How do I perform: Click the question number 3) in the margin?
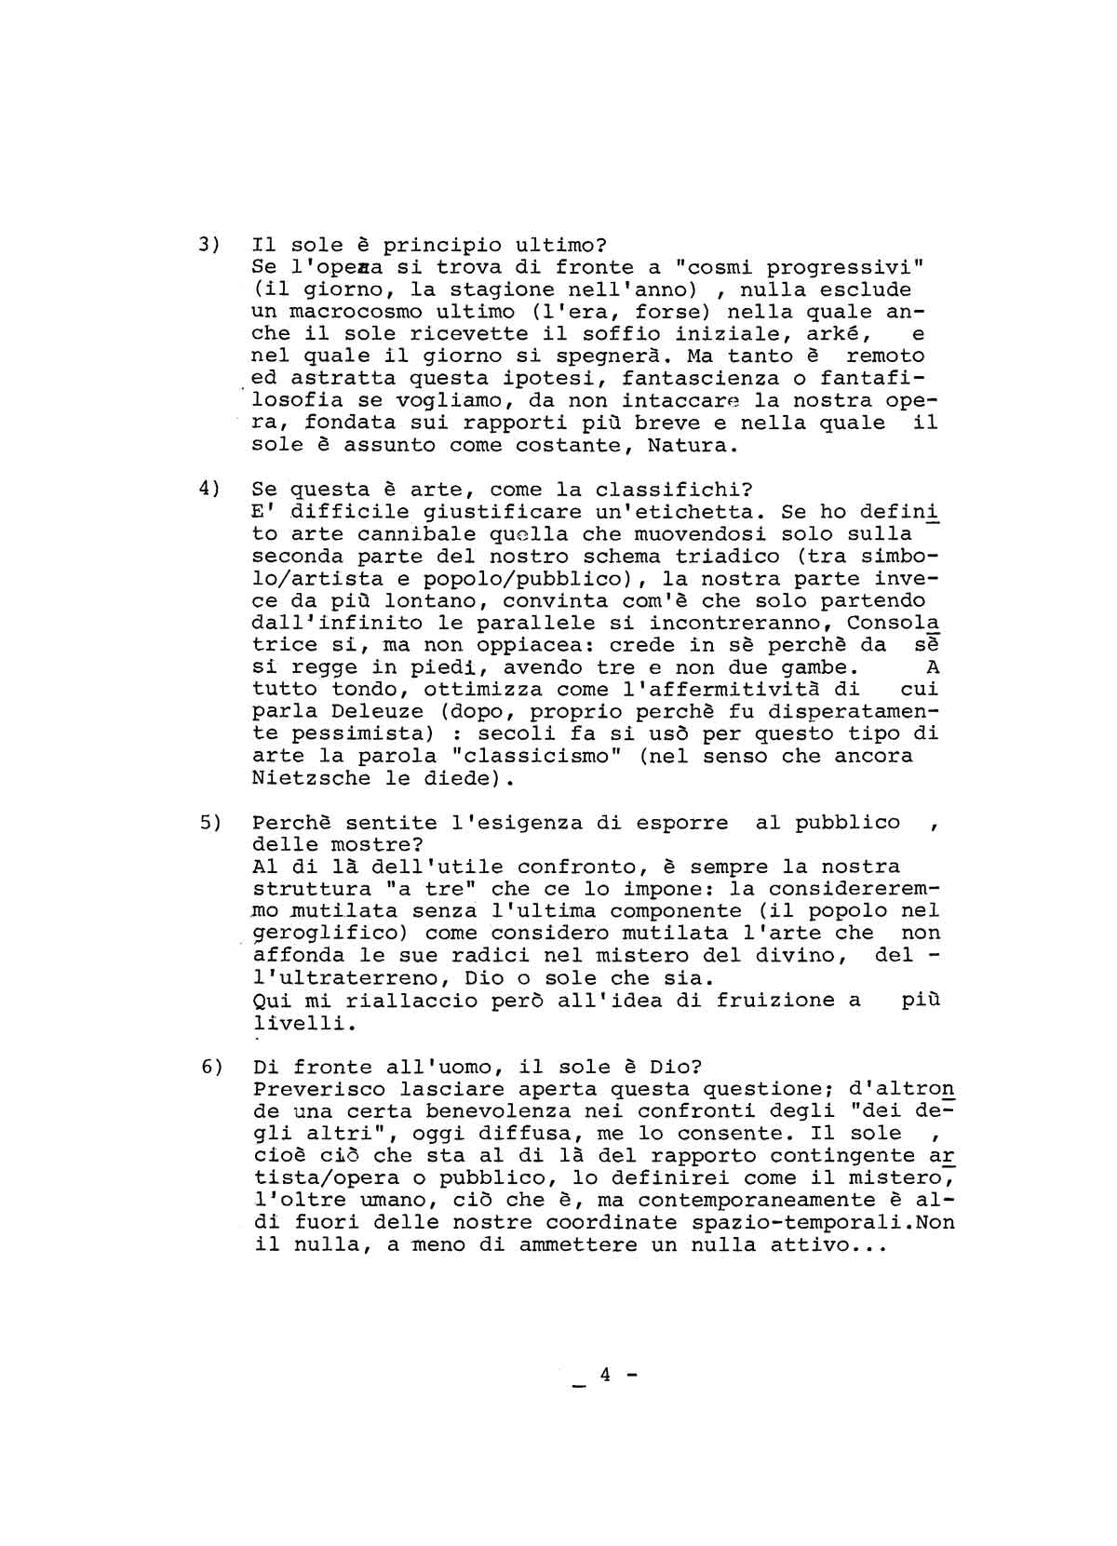coord(209,246)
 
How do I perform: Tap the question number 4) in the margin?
coord(209,490)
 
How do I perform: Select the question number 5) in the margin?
coord(209,823)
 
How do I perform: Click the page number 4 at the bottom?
coord(604,1375)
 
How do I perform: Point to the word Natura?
coord(684,445)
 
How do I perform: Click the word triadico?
coord(727,557)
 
